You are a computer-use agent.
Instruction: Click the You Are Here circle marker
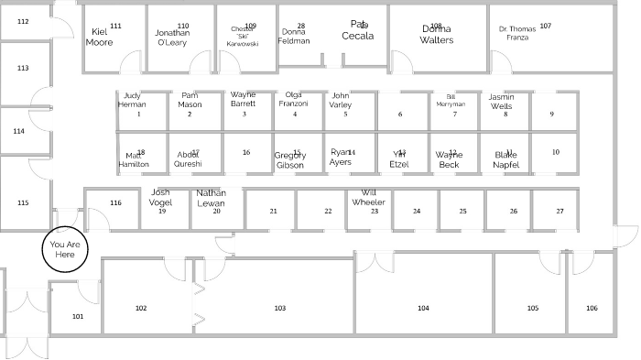63,249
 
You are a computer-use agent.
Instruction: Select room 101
78,317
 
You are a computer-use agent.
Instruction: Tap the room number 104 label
423,309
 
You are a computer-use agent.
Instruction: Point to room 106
592,309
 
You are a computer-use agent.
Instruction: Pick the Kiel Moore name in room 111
101,37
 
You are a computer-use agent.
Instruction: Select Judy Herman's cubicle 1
138,114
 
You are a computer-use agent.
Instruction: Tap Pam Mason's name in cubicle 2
190,99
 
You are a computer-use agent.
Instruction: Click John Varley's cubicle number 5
346,114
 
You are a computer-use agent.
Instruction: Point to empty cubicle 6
399,114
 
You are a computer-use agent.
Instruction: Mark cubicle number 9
551,114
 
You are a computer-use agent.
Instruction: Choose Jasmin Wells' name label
501,101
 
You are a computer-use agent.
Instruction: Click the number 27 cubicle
560,211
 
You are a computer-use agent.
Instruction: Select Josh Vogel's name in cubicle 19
161,197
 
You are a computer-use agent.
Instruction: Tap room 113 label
23,69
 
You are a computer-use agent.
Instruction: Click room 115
23,202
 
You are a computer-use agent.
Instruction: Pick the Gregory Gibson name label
289,160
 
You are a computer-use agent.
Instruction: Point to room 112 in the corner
23,21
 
